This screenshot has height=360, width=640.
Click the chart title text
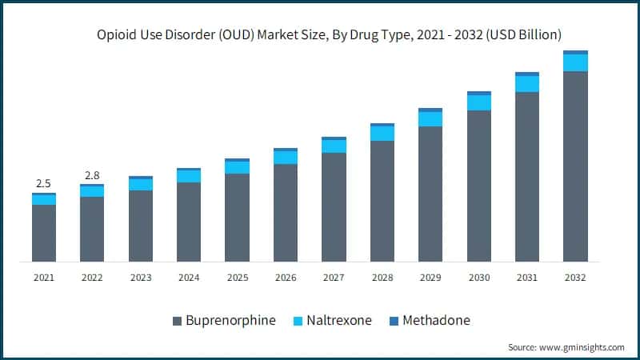(329, 34)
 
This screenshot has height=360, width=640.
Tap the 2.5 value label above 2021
(44, 183)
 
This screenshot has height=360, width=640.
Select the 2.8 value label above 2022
(92, 174)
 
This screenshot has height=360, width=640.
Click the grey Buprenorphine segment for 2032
(575, 166)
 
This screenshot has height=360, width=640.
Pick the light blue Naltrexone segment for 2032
(575, 62)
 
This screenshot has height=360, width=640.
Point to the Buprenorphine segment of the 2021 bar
(44, 233)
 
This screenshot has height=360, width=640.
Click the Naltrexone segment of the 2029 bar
(430, 118)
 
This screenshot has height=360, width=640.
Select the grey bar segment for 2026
(286, 213)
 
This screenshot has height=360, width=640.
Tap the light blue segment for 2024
(189, 176)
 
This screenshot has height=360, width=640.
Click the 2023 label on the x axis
(141, 278)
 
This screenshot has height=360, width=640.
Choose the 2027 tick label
(334, 278)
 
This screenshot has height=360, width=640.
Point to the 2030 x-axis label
(478, 278)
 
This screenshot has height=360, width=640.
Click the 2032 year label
(575, 278)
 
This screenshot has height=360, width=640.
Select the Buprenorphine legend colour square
(177, 321)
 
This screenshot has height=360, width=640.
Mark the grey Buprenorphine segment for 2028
(382, 201)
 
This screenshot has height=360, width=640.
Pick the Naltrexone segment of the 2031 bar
(527, 84)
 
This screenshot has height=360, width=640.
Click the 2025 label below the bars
(237, 278)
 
